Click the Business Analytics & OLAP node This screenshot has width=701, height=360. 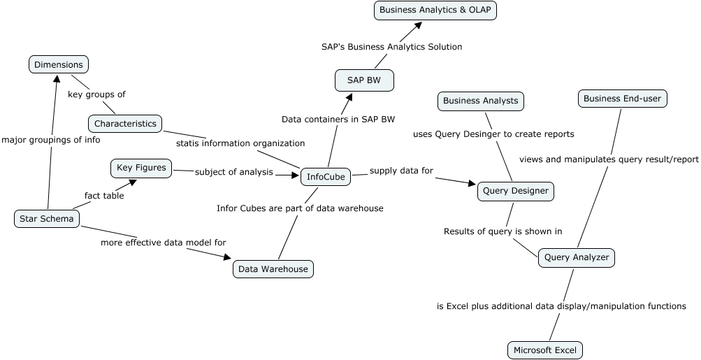[x=436, y=10]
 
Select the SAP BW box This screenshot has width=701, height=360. [x=364, y=80]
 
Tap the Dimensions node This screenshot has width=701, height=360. [x=59, y=65]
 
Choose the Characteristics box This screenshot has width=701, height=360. [x=125, y=124]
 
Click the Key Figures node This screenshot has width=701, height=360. [x=141, y=168]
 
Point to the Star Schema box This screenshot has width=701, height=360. [x=47, y=219]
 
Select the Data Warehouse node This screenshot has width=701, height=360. [x=273, y=268]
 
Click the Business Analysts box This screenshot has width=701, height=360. [x=481, y=101]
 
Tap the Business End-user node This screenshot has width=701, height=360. [x=622, y=99]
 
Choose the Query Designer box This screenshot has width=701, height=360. [x=516, y=191]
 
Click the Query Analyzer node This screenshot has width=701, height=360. [x=576, y=257]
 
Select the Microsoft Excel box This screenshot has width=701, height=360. [x=545, y=350]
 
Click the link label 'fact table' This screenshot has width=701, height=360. [x=104, y=196]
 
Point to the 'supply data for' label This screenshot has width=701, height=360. [x=401, y=171]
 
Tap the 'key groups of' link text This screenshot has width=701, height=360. [x=96, y=94]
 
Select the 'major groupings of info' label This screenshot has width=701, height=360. [x=50, y=140]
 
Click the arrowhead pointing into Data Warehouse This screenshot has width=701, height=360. [x=227, y=257]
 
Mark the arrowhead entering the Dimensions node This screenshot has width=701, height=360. [x=57, y=78]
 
